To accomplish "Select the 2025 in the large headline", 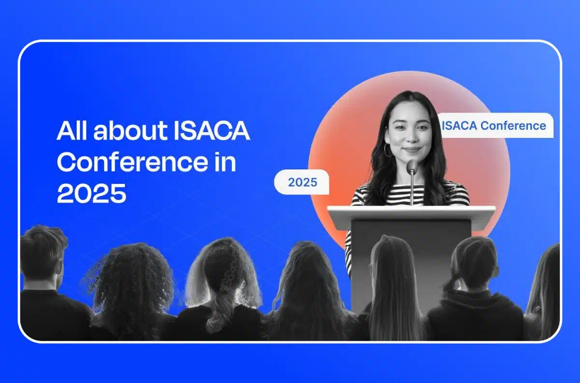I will [91, 194].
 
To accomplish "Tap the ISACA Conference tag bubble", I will [494, 126].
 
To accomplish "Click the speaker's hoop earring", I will [388, 150].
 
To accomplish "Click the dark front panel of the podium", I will [411, 261].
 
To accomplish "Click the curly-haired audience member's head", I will [130, 276].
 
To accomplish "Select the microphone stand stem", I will [412, 191].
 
